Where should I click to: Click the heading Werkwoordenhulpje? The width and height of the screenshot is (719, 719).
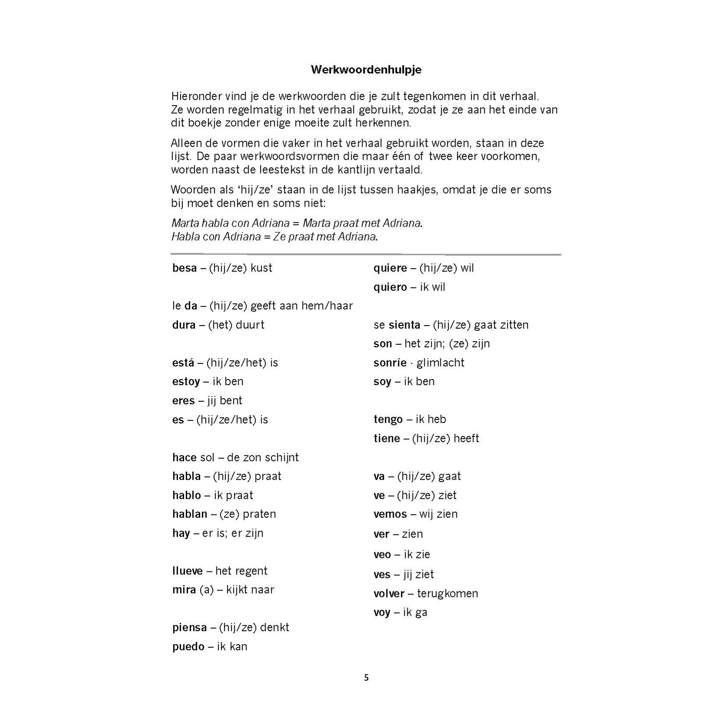(x=366, y=70)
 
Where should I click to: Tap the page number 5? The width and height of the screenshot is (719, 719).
(x=366, y=677)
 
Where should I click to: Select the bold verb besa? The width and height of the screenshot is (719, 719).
(x=185, y=268)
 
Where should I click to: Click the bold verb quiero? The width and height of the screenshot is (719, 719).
(x=390, y=287)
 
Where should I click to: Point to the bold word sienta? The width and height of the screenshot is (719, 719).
(x=404, y=325)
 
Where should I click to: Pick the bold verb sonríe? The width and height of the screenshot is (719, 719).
(x=390, y=363)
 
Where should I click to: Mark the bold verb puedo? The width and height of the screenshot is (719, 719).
(x=188, y=647)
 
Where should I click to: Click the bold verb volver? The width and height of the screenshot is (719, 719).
(x=389, y=594)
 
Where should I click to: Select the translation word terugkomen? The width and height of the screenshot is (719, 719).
(x=447, y=594)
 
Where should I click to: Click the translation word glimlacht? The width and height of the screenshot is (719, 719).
(x=440, y=363)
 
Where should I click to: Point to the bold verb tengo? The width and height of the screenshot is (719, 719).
(x=388, y=420)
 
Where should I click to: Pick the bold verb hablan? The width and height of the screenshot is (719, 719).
(x=190, y=514)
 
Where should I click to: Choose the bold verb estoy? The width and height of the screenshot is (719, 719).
(x=186, y=382)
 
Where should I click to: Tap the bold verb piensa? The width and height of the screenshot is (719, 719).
(x=189, y=628)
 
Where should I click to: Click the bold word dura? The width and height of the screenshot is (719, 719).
(x=184, y=325)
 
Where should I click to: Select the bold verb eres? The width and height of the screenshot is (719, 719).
(x=183, y=401)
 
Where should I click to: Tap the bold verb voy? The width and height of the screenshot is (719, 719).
(x=382, y=613)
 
